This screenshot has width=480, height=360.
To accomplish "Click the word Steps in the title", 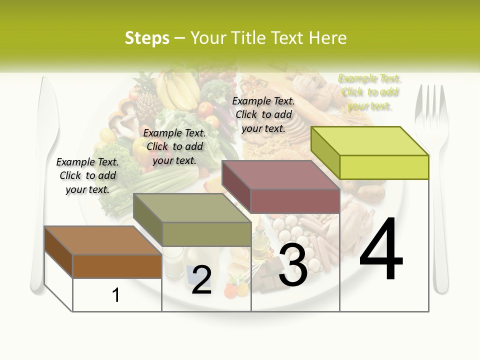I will click(x=147, y=38).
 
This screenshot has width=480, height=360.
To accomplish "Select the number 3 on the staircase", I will click(x=293, y=265).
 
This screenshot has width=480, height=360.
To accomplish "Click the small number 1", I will click(x=116, y=295).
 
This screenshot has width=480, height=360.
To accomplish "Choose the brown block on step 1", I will click(x=102, y=252).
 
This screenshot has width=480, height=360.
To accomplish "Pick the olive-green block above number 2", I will click(x=192, y=220).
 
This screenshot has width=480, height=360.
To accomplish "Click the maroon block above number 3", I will click(x=281, y=187).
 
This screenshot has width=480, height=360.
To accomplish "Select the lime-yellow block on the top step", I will click(x=370, y=152).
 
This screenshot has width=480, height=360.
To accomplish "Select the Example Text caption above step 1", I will click(x=87, y=175).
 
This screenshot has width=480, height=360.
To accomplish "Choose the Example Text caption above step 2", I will click(x=174, y=146).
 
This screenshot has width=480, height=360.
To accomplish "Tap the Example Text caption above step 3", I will click(x=263, y=114).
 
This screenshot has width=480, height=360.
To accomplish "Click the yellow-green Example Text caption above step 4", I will click(x=369, y=92).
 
